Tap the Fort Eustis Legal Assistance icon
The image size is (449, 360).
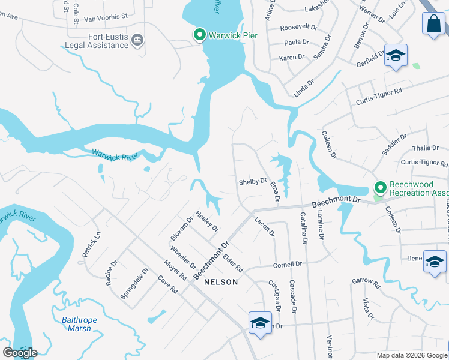pyautogui.click(x=137, y=40)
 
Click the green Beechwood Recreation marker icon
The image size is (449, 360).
pyautogui.click(x=379, y=188)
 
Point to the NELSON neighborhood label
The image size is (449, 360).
pyautogui.click(x=221, y=282)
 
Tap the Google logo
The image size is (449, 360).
pyautogui.click(x=20, y=353)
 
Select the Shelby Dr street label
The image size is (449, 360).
pyautogui.click(x=252, y=181)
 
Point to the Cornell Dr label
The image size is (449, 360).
pyautogui.click(x=287, y=265)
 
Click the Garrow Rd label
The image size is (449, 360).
pyautogui.click(x=366, y=281)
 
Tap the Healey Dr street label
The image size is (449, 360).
pyautogui.click(x=207, y=221)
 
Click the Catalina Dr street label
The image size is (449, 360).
pyautogui.click(x=303, y=229)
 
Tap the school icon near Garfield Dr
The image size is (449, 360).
pyautogui.click(x=396, y=56)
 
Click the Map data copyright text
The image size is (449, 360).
pyautogui.click(x=412, y=355)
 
